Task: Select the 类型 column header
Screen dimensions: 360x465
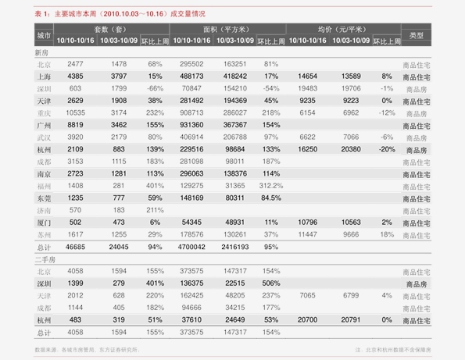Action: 416,36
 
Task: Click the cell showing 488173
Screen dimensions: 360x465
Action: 191,77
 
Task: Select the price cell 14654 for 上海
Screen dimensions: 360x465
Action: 308,77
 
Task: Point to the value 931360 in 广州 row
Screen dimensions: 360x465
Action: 191,125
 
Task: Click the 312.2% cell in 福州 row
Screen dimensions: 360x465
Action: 271,186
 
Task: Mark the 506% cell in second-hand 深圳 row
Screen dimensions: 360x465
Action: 271,283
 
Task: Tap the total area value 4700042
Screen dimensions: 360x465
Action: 191,246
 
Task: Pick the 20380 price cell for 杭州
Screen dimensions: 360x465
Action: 351,149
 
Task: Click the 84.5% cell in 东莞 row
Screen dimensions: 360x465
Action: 271,198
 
